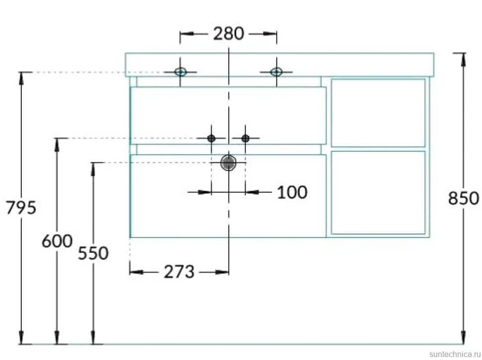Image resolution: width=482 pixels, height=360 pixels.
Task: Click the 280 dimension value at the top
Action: pos(229,33)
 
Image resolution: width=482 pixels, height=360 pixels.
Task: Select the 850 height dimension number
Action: pos(463,198)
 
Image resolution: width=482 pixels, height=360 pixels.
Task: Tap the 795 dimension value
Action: pos(21,208)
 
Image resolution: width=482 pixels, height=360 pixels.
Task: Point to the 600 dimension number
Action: pos(57,241)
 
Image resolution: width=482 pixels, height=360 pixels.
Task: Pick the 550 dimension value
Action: pos(93,253)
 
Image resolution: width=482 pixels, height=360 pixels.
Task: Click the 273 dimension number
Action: pos(179,272)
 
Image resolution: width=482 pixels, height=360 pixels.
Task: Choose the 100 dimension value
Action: pos(292,192)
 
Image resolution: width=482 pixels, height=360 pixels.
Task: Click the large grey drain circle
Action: pos(229,163)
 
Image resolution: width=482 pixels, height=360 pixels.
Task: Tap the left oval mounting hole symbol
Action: pos(180,72)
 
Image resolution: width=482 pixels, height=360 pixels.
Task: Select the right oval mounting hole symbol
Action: pos(276,72)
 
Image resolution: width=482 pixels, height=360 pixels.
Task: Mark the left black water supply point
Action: pos(211,138)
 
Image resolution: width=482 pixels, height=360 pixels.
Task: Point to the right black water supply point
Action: pos(245,138)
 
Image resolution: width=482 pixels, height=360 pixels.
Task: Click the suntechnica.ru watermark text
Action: pos(455,354)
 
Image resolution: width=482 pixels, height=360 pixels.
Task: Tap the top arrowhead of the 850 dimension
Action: pos(463,60)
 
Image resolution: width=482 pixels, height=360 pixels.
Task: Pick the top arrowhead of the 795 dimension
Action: pos(21,78)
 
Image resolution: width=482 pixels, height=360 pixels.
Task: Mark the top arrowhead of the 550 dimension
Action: pos(93,169)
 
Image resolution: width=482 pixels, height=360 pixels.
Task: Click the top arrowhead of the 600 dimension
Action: pos(57,144)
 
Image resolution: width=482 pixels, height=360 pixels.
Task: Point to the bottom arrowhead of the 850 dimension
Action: pos(463,338)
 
